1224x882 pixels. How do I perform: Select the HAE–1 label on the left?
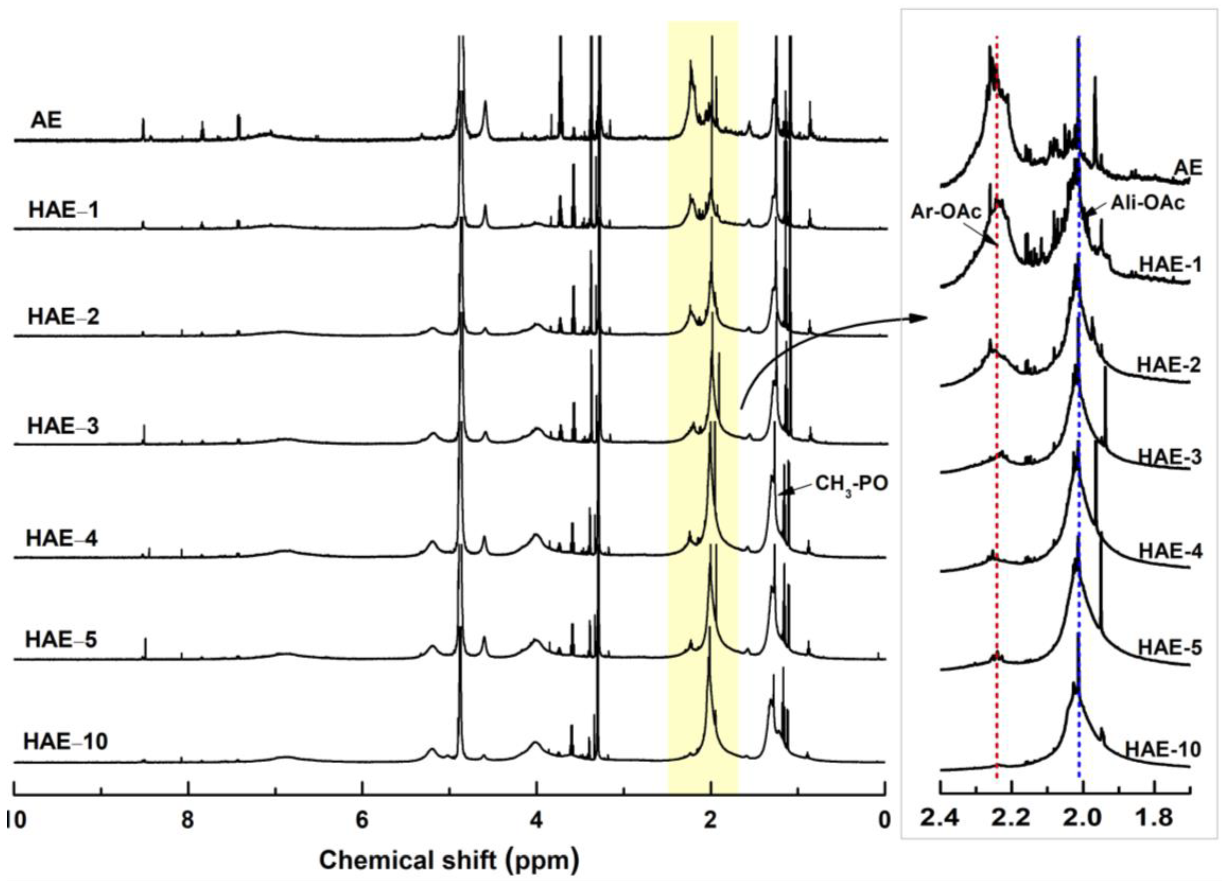64,210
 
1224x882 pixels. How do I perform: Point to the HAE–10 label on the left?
65,741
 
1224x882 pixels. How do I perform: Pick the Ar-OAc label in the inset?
945,212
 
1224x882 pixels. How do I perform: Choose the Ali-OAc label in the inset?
1147,203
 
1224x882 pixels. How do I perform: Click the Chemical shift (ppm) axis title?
449,860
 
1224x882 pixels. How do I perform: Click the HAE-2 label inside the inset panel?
1169,365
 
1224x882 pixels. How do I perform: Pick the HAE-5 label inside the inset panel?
1170,647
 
